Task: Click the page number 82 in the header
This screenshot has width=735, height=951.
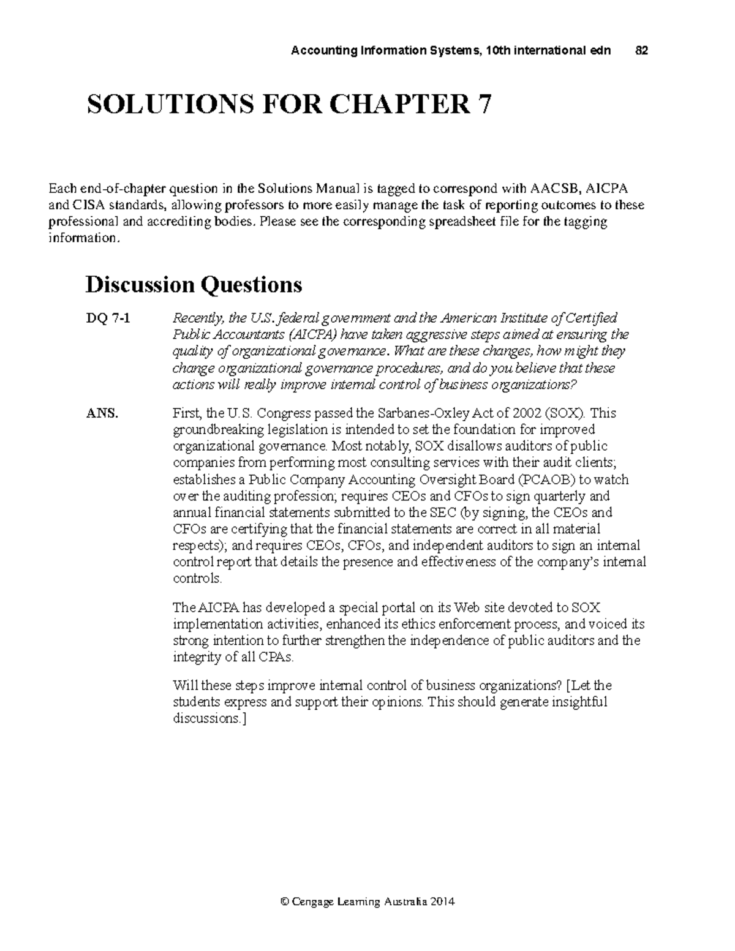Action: click(641, 51)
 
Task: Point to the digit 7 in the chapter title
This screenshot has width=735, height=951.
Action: click(484, 105)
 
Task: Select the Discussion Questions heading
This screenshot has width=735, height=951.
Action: click(194, 285)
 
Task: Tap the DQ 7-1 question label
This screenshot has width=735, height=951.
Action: click(107, 318)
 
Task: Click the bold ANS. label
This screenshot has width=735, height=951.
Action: click(101, 413)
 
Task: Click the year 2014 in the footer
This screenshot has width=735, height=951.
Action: click(443, 901)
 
